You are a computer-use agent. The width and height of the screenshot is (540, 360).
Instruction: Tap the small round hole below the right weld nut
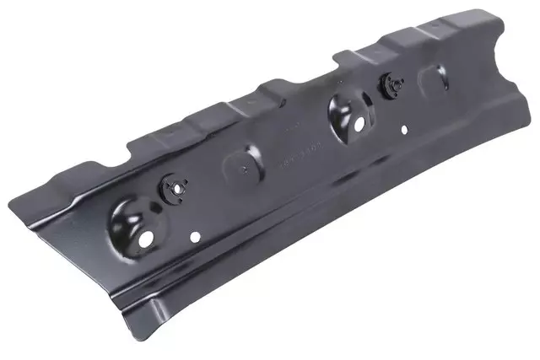click(x=404, y=129)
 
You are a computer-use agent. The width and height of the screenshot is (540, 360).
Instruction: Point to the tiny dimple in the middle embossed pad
click(x=244, y=168)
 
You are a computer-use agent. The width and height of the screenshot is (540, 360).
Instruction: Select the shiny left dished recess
click(x=134, y=222)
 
